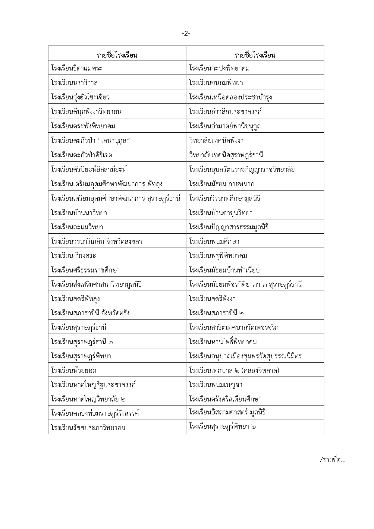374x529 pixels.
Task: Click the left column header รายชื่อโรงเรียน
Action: click(x=117, y=55)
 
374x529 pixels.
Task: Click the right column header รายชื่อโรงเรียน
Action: click(x=255, y=55)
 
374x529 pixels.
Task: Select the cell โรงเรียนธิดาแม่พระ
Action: click(x=77, y=68)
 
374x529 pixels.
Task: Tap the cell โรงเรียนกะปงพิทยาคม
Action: click(x=219, y=68)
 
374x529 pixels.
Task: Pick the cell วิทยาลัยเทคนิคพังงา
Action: click(x=216, y=141)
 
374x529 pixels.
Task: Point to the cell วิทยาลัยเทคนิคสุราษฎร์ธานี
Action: click(x=226, y=155)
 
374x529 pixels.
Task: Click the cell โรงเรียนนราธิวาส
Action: click(x=74, y=83)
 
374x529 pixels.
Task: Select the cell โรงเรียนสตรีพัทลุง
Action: click(x=76, y=299)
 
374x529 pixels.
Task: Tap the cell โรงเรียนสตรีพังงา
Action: click(x=212, y=299)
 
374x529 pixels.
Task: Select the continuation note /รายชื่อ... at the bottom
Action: click(x=332, y=460)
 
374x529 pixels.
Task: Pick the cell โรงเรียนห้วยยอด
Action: click(x=74, y=370)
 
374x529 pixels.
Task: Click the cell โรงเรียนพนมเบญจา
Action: click(x=216, y=385)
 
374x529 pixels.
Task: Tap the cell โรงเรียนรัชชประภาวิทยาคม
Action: click(x=88, y=428)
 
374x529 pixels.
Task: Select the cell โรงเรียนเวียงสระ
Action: click(x=74, y=256)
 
